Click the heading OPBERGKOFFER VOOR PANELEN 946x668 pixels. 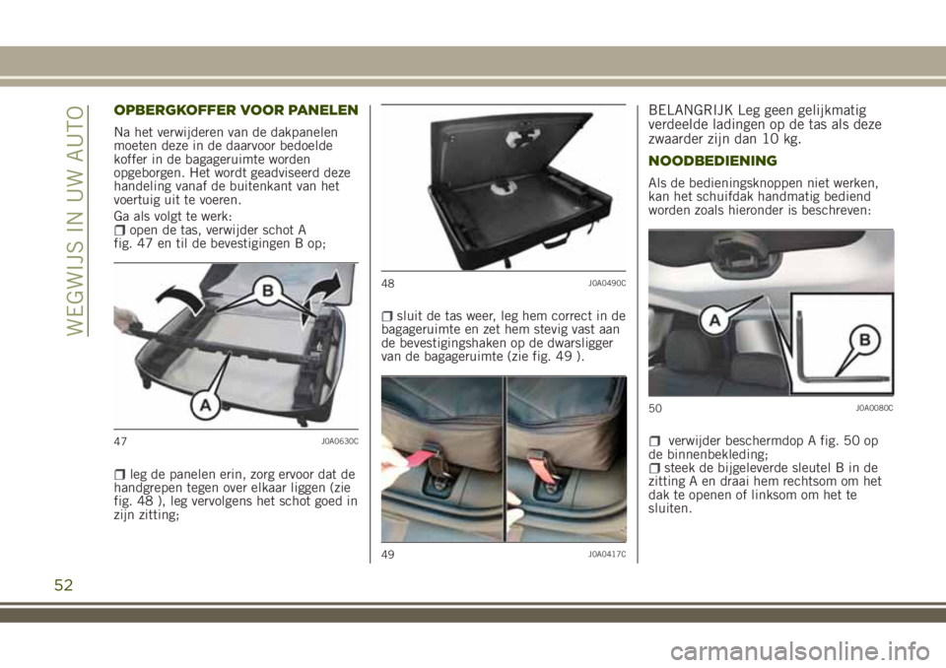(236, 109)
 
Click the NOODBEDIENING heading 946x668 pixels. (712, 161)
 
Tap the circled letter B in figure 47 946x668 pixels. (267, 292)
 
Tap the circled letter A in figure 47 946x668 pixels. (205, 405)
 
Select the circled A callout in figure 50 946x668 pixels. (714, 321)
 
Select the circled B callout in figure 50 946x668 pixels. (864, 340)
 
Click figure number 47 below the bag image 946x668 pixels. (120, 441)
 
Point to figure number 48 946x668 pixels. (388, 283)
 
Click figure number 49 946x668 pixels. (388, 554)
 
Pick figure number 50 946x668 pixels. (655, 409)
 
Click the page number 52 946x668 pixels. (63, 584)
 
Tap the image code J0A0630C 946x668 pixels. (340, 441)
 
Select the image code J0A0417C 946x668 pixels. (607, 554)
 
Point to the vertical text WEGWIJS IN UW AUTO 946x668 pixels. (76, 221)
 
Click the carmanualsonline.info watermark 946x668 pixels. (799, 651)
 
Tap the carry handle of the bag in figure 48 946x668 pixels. (556, 240)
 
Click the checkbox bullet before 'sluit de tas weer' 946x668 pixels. (388, 316)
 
